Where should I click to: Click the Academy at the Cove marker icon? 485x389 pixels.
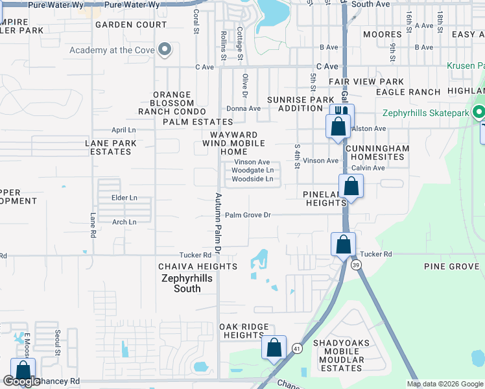(x=165, y=49)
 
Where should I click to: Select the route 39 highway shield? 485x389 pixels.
(x=356, y=265)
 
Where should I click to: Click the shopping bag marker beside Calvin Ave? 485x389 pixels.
(x=350, y=186)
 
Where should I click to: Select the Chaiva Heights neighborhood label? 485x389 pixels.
(x=198, y=266)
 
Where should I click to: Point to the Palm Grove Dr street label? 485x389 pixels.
(x=247, y=215)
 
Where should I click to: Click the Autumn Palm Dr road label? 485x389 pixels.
(x=219, y=222)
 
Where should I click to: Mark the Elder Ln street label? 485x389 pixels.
(x=124, y=198)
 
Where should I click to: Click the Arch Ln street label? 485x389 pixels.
(x=124, y=222)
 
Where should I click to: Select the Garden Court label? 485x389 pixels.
(x=131, y=25)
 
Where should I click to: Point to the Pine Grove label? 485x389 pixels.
(x=451, y=266)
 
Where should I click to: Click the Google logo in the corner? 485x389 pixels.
(x=21, y=381)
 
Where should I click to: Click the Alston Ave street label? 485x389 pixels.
(x=368, y=128)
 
